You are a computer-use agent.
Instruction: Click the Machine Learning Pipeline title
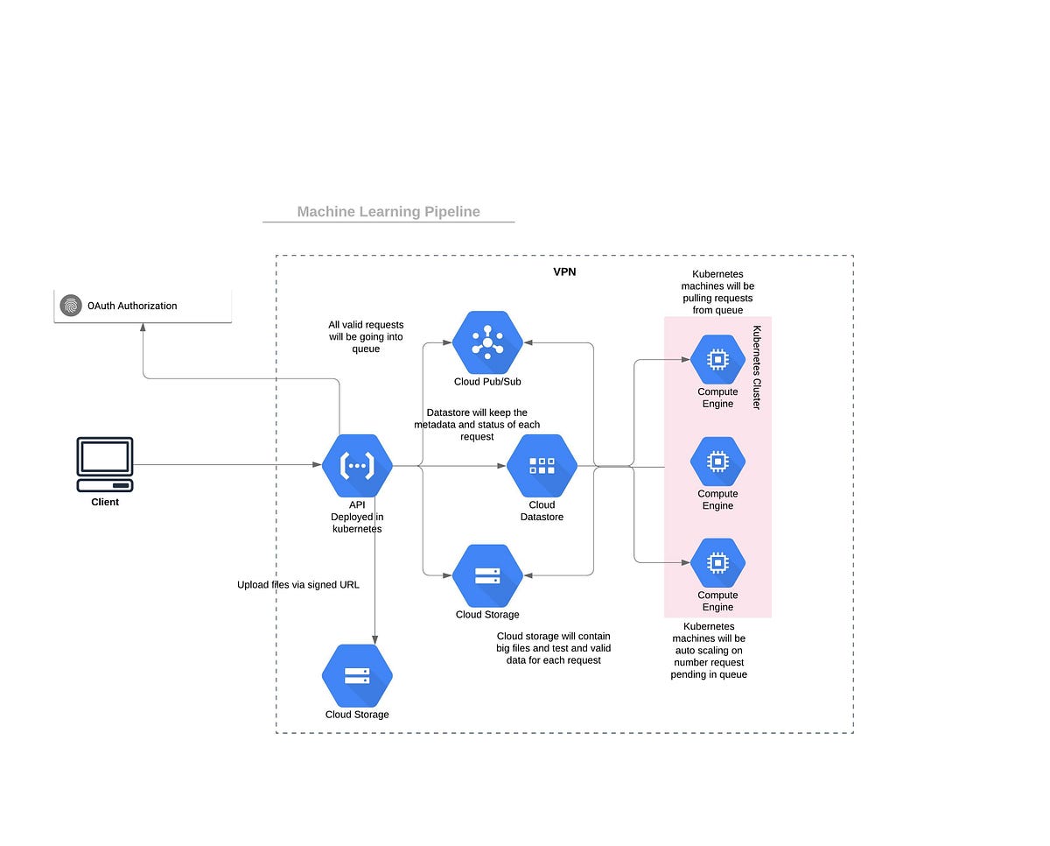[x=388, y=211]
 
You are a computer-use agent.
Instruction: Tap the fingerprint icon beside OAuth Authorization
[x=71, y=306]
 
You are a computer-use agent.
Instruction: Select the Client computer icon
[x=105, y=464]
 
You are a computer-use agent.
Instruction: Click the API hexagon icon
[x=357, y=466]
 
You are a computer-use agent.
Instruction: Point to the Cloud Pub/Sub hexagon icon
[x=487, y=342]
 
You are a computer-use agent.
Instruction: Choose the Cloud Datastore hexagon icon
[x=542, y=466]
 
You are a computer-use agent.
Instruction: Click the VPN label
[x=564, y=272]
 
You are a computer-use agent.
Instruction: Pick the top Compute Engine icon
[x=717, y=358]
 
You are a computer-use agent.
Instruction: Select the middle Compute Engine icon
[x=717, y=461]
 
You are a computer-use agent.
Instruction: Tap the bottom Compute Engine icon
[x=717, y=562]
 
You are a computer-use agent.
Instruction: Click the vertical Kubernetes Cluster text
[x=757, y=368]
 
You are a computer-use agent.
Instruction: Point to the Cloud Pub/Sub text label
[x=487, y=382]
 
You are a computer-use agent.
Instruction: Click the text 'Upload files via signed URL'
[x=297, y=585]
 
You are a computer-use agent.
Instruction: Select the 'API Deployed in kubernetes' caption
[x=357, y=517]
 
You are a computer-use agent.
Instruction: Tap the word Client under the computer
[x=105, y=503]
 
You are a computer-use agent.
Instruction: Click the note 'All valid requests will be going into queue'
[x=366, y=336]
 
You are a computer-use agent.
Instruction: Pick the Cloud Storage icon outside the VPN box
[x=357, y=676]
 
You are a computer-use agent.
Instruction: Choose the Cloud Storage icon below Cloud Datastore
[x=487, y=575]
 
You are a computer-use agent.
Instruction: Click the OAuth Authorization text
[x=132, y=306]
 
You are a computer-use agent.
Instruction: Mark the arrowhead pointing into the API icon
[x=318, y=465]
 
